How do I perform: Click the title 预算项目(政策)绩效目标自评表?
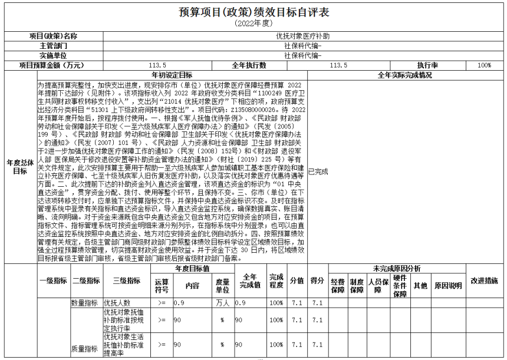(x=253, y=12)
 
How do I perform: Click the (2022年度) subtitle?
(x=253, y=23)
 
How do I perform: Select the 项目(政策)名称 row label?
(x=54, y=36)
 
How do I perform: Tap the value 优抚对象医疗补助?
(x=303, y=36)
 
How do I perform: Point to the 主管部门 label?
(x=54, y=45)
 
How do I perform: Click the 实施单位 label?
(x=54, y=55)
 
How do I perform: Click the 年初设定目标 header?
(x=172, y=75)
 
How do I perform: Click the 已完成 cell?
(x=318, y=171)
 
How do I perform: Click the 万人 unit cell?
(x=222, y=303)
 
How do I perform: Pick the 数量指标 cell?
(x=84, y=303)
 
